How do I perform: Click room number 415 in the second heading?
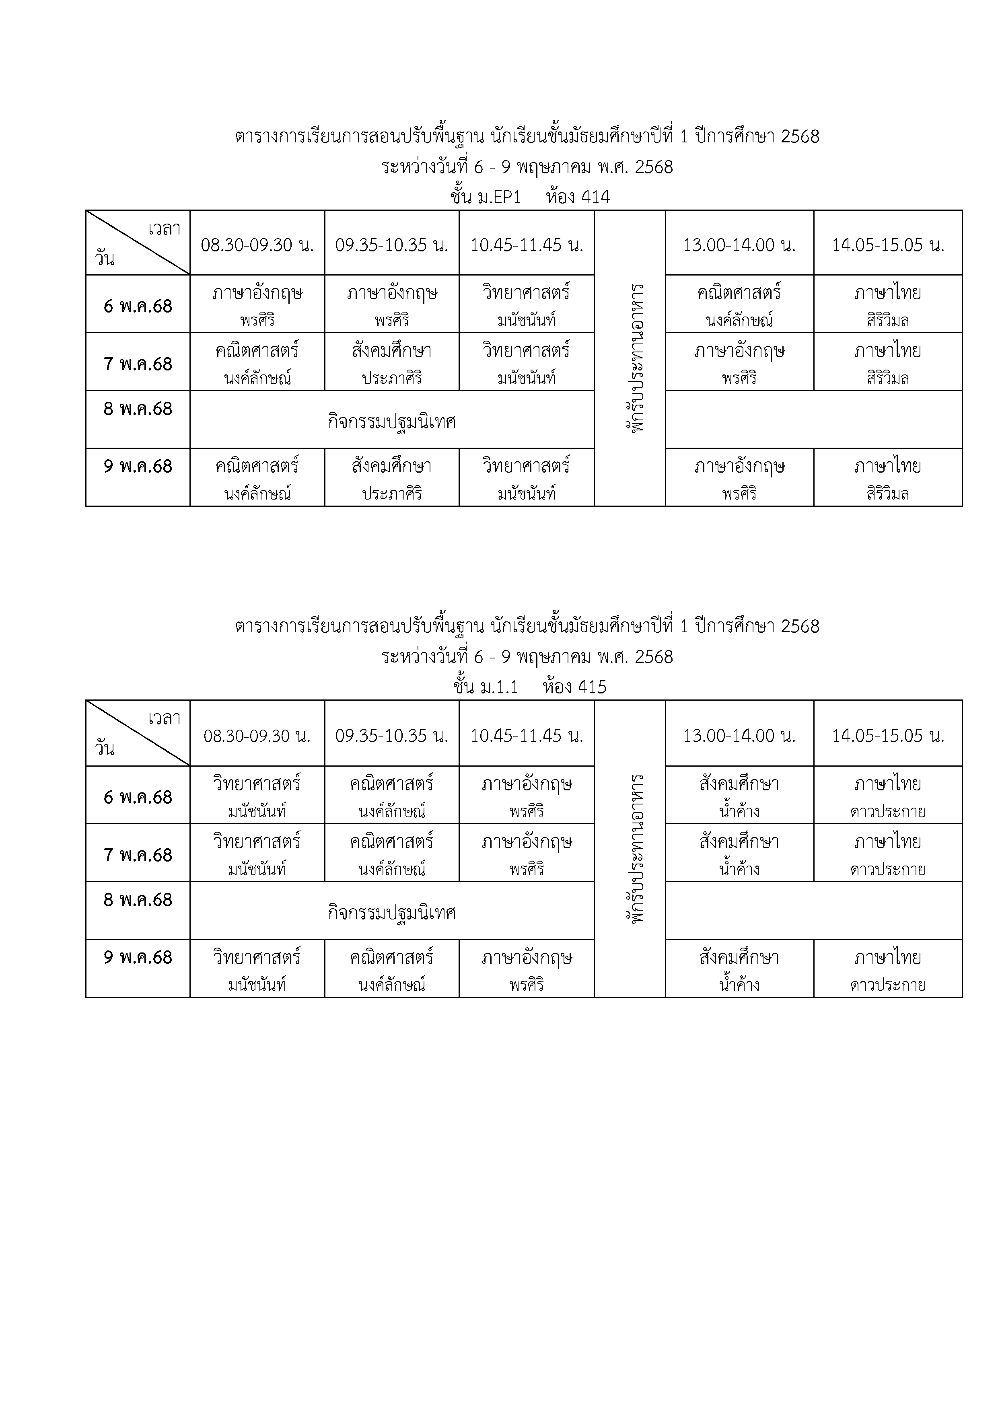coord(591,687)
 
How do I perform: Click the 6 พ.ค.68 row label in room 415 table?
coord(138,797)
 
